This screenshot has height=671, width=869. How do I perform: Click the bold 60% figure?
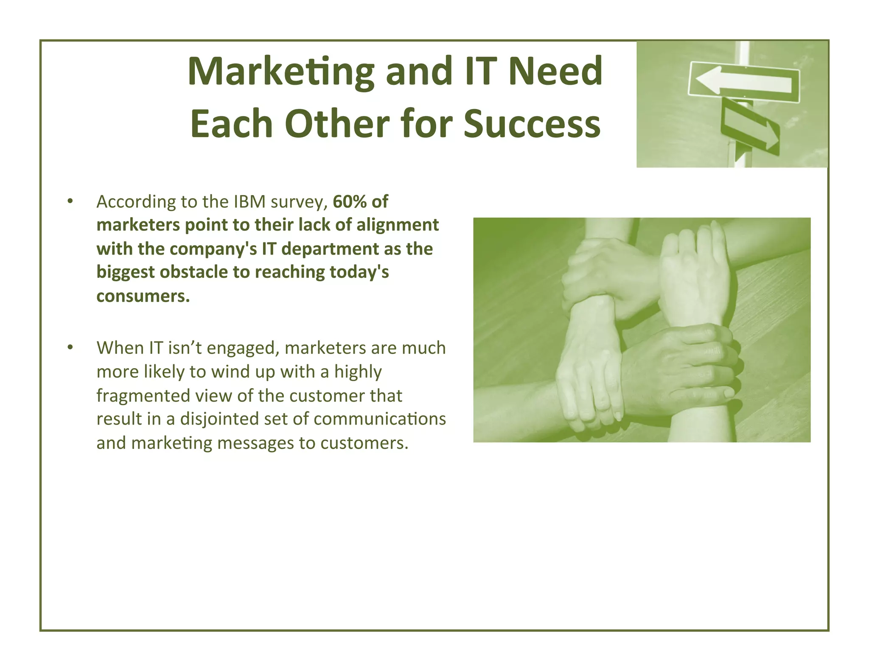tap(350, 201)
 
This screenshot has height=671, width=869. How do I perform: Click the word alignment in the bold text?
tap(398, 225)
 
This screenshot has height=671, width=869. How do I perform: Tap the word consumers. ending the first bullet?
tap(143, 296)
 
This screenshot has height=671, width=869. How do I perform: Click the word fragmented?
tap(143, 395)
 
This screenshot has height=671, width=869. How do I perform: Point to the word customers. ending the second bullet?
tap(364, 443)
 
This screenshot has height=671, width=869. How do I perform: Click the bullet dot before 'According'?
tap(70, 201)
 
